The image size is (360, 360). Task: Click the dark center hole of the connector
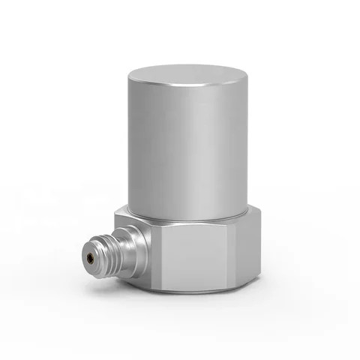tap(91, 259)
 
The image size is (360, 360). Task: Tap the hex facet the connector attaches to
tap(142, 247)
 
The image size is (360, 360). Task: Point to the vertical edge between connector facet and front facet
tap(157, 255)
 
